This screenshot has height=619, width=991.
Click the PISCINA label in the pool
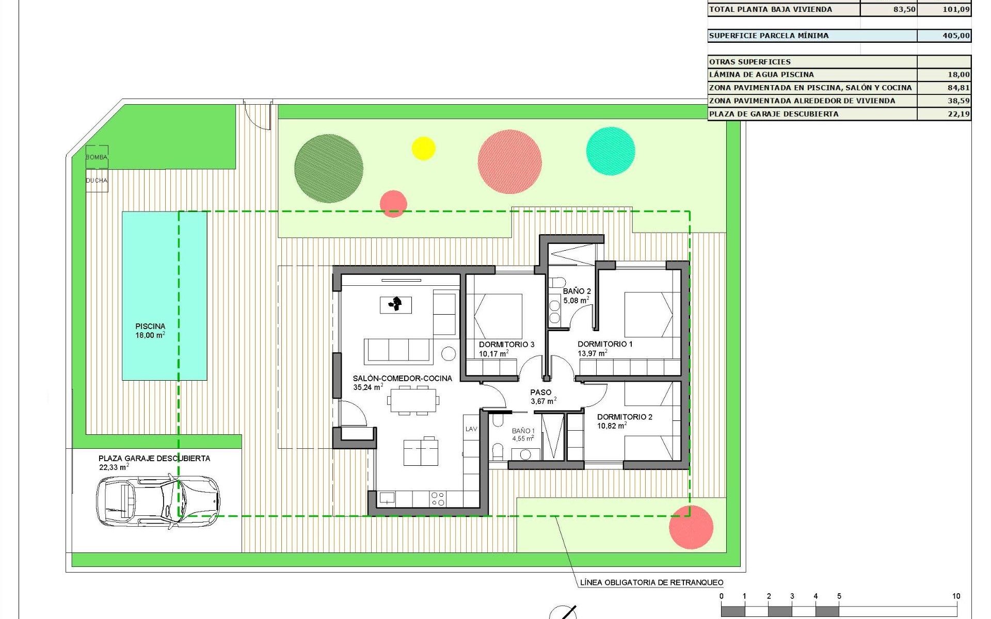point(150,326)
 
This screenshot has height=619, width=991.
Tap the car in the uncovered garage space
point(157,501)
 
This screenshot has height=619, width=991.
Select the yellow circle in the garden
point(423,149)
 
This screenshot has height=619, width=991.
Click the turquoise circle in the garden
point(611,151)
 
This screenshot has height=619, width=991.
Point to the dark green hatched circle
point(329,169)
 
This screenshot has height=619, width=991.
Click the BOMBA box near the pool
point(97,157)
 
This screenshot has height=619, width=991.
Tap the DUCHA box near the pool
point(97,181)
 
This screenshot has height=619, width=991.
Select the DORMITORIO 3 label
point(506,345)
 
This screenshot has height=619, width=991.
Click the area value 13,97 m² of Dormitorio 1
point(592,354)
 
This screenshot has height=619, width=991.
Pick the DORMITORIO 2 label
point(625,417)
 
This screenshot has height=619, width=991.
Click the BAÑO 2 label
point(577,291)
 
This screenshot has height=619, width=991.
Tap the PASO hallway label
point(540,393)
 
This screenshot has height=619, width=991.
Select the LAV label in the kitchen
point(471,429)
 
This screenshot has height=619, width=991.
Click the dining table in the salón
point(414,400)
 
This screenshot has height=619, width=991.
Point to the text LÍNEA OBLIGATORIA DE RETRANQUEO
point(651,583)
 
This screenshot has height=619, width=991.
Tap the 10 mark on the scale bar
point(956,596)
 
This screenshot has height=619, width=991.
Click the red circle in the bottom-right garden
point(691,527)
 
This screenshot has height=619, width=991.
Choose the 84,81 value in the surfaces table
point(958,88)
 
